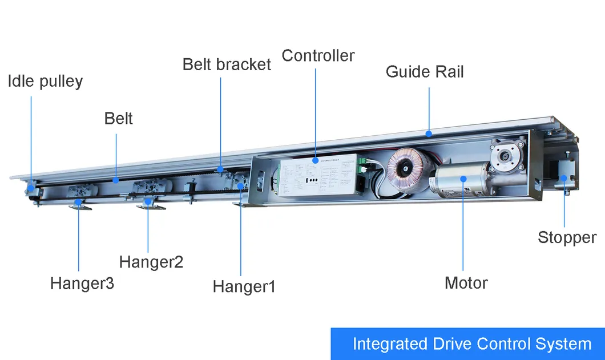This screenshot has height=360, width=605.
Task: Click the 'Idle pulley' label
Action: (x=45, y=82)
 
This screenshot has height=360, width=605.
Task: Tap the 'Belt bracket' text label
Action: (x=227, y=64)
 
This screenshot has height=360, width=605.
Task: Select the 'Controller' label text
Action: (x=318, y=56)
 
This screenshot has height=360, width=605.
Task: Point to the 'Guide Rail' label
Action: (x=425, y=72)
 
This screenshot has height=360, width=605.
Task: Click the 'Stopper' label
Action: (x=567, y=237)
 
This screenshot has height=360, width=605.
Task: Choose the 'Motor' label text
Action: (x=466, y=282)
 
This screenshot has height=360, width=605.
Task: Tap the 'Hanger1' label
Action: (x=244, y=286)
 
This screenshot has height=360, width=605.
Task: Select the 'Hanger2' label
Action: (x=151, y=262)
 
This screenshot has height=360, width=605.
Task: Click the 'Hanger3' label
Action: (x=82, y=283)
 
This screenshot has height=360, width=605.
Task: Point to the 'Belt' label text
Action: (x=118, y=119)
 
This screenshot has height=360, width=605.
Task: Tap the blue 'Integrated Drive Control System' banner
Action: (x=468, y=344)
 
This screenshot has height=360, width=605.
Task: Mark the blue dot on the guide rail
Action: (x=429, y=134)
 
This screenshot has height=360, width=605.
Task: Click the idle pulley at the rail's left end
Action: (x=31, y=189)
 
